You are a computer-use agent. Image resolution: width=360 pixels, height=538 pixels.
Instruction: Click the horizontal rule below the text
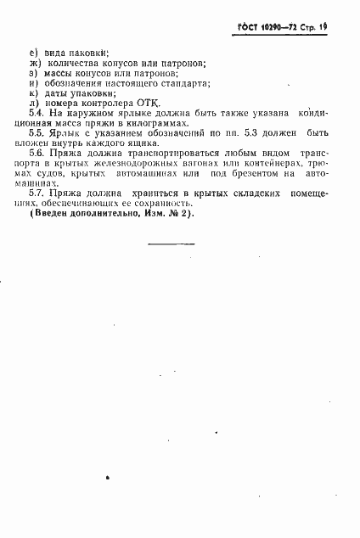171,244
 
